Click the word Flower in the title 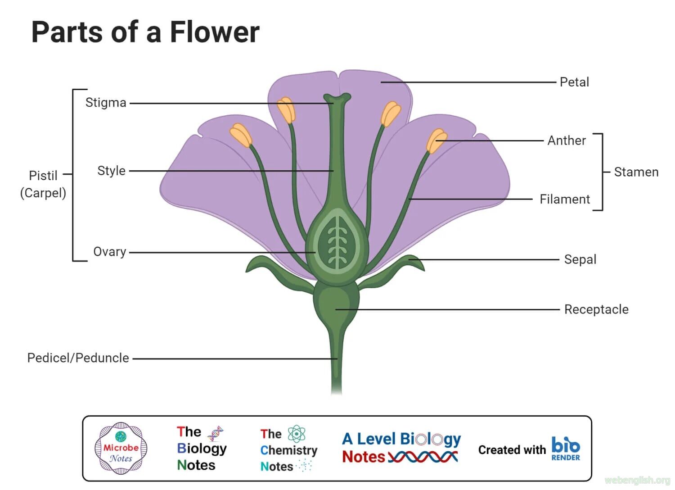(x=214, y=32)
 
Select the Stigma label (x=106, y=103)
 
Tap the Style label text (x=111, y=171)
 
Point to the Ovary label (x=109, y=252)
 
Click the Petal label (x=574, y=82)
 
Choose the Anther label (x=567, y=141)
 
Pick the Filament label (x=565, y=199)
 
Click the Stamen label (x=636, y=172)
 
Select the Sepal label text (x=580, y=259)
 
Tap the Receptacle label (x=596, y=309)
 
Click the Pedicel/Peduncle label (x=78, y=358)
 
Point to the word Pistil (x=43, y=176)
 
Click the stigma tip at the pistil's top (x=337, y=98)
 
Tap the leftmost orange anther (x=241, y=135)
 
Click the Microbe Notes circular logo (x=121, y=448)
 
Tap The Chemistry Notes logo (x=288, y=449)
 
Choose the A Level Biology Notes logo (x=401, y=448)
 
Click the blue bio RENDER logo (x=565, y=449)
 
